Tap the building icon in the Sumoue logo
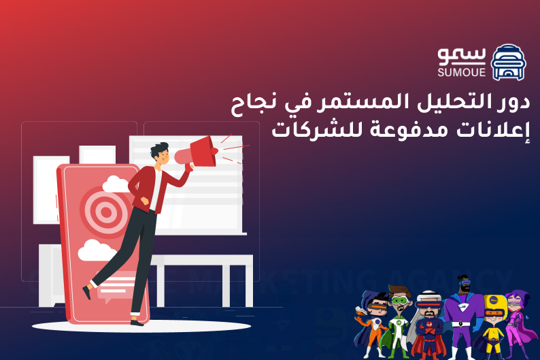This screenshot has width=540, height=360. coord(508,63)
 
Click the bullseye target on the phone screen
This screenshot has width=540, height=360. coord(104,211)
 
